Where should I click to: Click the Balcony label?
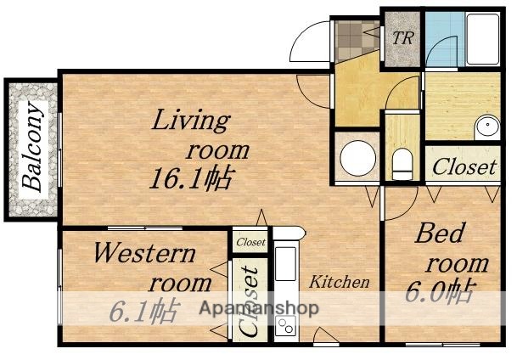[x=33, y=146]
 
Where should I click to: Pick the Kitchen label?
[x=339, y=282]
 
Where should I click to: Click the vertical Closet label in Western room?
[x=250, y=301]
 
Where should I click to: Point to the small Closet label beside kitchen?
[x=250, y=242]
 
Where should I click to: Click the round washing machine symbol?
[x=357, y=157]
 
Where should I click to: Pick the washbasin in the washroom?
[x=489, y=127]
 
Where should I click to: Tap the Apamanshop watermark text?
[x=258, y=309]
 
